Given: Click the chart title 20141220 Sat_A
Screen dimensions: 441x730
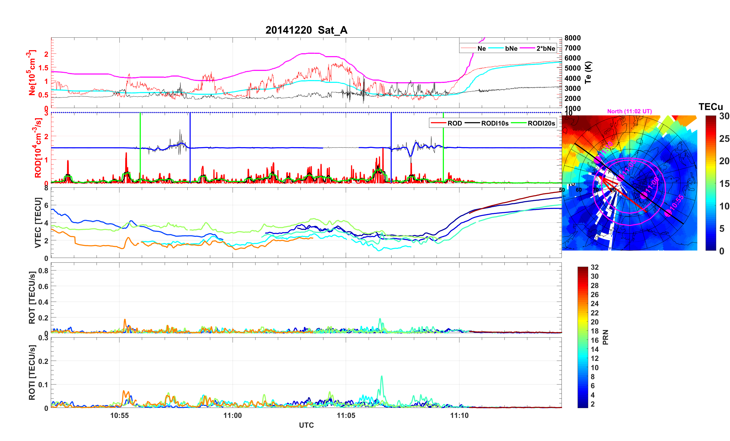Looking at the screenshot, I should (x=306, y=30).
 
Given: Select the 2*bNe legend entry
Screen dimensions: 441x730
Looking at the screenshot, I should (x=545, y=48).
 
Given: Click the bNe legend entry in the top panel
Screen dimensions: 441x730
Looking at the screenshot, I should (x=511, y=48).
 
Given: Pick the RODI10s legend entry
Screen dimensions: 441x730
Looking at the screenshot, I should (x=494, y=123).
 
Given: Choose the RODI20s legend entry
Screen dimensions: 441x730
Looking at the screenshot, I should (x=541, y=123).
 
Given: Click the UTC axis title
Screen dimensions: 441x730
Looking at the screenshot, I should (x=306, y=425).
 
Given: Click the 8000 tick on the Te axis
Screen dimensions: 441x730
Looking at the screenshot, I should (x=572, y=38).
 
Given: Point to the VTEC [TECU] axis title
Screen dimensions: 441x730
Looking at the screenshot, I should (x=38, y=223).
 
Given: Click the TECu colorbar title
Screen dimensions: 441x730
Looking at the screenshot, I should (x=710, y=107).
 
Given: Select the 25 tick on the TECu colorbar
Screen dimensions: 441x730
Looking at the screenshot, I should (x=724, y=139).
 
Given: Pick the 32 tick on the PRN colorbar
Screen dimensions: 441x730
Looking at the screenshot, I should (x=594, y=267).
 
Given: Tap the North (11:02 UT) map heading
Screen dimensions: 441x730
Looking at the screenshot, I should (x=629, y=111).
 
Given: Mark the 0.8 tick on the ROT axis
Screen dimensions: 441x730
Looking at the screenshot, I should (x=43, y=270).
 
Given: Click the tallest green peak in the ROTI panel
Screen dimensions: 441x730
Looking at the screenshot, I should (x=381, y=376).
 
